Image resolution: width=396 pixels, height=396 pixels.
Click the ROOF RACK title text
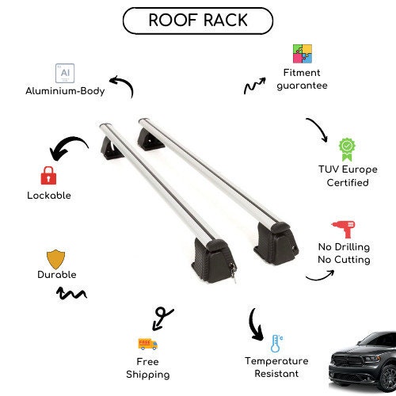point(198,20)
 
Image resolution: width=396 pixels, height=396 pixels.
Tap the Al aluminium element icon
point(65,73)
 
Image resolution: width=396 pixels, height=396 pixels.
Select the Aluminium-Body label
point(65,91)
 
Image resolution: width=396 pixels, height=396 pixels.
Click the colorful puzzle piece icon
point(303,54)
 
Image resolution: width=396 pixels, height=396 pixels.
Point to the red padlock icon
point(48,176)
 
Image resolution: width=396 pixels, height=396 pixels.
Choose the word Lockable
point(49,196)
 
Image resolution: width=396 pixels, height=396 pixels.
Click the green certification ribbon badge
point(347,150)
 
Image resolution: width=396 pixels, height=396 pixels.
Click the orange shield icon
point(55,259)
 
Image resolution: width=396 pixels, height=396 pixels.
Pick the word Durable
point(57,275)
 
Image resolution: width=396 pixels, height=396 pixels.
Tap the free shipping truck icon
point(148,344)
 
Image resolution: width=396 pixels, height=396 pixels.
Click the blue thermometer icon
point(276,344)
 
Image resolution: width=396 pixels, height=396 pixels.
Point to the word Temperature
point(276,361)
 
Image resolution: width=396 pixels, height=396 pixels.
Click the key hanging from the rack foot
point(233,272)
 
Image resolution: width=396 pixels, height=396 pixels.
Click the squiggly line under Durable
point(71,294)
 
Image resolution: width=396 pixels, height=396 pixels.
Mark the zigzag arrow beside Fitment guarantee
point(254,86)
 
